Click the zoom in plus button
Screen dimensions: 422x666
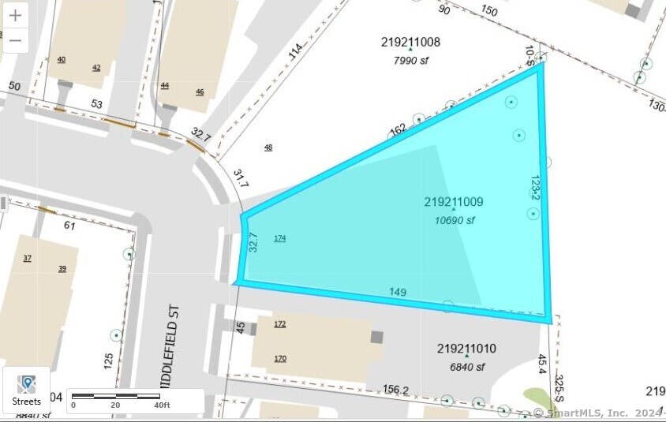click(15, 16)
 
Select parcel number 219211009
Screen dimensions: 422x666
click(453, 202)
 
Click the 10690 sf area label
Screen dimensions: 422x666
click(455, 221)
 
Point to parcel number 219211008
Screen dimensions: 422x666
click(410, 43)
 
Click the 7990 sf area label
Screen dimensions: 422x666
click(411, 60)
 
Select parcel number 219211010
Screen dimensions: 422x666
click(466, 349)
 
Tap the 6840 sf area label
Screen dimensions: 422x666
click(467, 367)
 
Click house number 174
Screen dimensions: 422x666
click(279, 238)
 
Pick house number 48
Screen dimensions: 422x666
click(268, 148)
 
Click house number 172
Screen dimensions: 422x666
click(279, 324)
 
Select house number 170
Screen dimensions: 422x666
click(279, 359)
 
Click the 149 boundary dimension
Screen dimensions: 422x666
click(398, 293)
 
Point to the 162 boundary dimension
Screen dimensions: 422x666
click(398, 129)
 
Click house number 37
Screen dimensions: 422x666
click(28, 259)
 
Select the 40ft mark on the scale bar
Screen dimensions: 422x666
click(163, 405)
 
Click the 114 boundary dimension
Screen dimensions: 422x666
click(296, 50)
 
